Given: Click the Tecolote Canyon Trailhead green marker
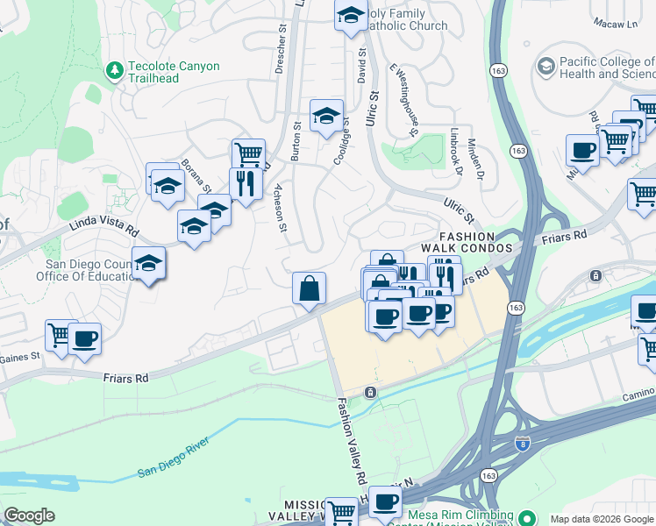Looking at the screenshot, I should click(115, 69).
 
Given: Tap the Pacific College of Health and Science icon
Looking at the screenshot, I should click(546, 67).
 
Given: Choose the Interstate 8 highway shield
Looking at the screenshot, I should click(523, 445).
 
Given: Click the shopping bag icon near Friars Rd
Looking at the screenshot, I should click(310, 288).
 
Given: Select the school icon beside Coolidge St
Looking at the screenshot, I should click(325, 116).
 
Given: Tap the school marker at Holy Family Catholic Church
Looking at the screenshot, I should click(351, 15).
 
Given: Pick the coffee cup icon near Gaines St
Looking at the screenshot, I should click(84, 339).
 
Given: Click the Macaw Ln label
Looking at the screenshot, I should click(615, 21).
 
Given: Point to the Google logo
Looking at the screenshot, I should click(29, 515).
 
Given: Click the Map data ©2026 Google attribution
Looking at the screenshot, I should click(601, 519).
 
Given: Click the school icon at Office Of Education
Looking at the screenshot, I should click(149, 263).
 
